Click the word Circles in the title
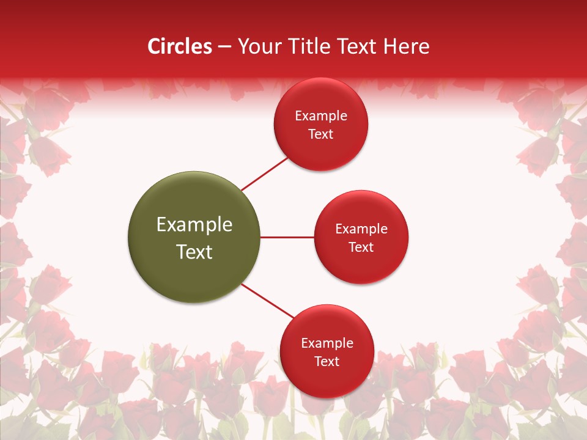[x=179, y=46]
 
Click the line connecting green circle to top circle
[x=265, y=174]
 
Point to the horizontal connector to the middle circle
[x=287, y=237]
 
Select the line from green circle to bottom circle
[x=268, y=301]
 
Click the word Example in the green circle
[x=194, y=224]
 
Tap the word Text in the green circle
[x=194, y=252]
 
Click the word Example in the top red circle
[x=321, y=116]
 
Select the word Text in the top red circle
[x=320, y=134]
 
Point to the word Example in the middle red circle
[x=361, y=229]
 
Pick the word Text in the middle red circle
[x=361, y=247]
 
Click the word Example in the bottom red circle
[x=327, y=343]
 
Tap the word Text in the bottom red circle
[x=327, y=361]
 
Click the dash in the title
[x=224, y=47]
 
